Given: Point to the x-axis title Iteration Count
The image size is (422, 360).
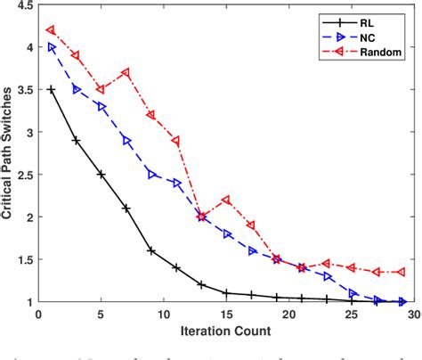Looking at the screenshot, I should coord(227,331).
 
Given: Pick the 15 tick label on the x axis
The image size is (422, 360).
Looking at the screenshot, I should coord(226,313).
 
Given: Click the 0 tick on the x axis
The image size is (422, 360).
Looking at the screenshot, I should coord(38,313).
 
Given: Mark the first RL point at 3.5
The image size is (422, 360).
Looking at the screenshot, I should coord(51,90).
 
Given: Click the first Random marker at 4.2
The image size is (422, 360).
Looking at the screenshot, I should coord(51,30).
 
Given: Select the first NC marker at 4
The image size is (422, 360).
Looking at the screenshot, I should coord(51,47).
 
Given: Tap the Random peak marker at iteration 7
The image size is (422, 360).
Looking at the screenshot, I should coord(126,72).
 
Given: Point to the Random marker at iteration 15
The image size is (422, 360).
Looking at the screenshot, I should coord(226,200).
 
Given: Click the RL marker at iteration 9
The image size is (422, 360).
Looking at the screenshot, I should coord(151,250).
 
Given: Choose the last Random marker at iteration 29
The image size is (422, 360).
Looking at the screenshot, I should coord(402,272).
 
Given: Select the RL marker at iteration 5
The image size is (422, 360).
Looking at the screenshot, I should coord(101,175).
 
